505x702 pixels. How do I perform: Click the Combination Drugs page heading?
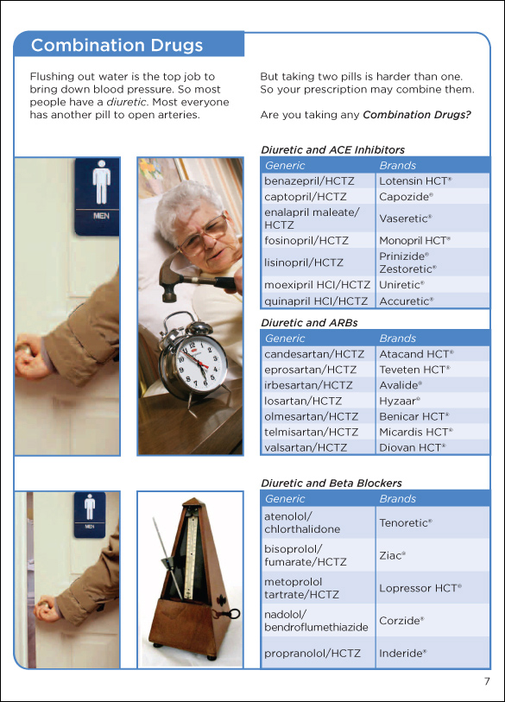pyautogui.click(x=117, y=45)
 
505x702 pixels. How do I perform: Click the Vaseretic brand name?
pyautogui.click(x=406, y=218)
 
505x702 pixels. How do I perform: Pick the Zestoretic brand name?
pyautogui.click(x=407, y=269)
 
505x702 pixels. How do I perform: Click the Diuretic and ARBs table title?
pyautogui.click(x=309, y=323)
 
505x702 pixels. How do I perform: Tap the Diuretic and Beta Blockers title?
pyautogui.click(x=331, y=483)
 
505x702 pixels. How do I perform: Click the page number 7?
pyautogui.click(x=487, y=681)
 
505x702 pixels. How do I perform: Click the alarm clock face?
pyautogui.click(x=199, y=362)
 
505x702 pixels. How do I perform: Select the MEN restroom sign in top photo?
pyautogui.click(x=97, y=197)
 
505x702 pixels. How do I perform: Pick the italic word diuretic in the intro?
pyautogui.click(x=127, y=102)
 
